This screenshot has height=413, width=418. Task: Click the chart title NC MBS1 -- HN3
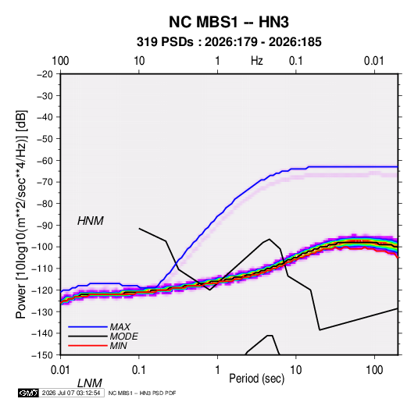(229, 22)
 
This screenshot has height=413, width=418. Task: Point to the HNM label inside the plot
(91, 221)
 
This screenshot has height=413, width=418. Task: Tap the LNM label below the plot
(90, 383)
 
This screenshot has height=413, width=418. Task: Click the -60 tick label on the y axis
(45, 160)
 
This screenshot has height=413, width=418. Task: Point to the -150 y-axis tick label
(42, 355)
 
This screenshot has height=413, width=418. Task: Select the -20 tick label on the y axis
(45, 74)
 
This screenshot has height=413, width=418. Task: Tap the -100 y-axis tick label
(42, 247)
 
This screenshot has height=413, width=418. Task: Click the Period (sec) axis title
(257, 379)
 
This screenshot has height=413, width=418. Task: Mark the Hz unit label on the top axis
(257, 61)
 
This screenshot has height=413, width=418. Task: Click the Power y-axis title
(21, 214)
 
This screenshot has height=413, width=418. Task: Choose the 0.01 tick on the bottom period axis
(60, 370)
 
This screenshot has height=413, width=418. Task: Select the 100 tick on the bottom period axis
(374, 370)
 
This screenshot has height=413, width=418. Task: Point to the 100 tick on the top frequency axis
(60, 61)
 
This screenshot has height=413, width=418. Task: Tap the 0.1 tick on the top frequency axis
(296, 61)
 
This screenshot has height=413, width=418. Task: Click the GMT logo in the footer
(28, 393)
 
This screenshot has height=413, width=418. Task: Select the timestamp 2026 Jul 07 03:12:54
(71, 393)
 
